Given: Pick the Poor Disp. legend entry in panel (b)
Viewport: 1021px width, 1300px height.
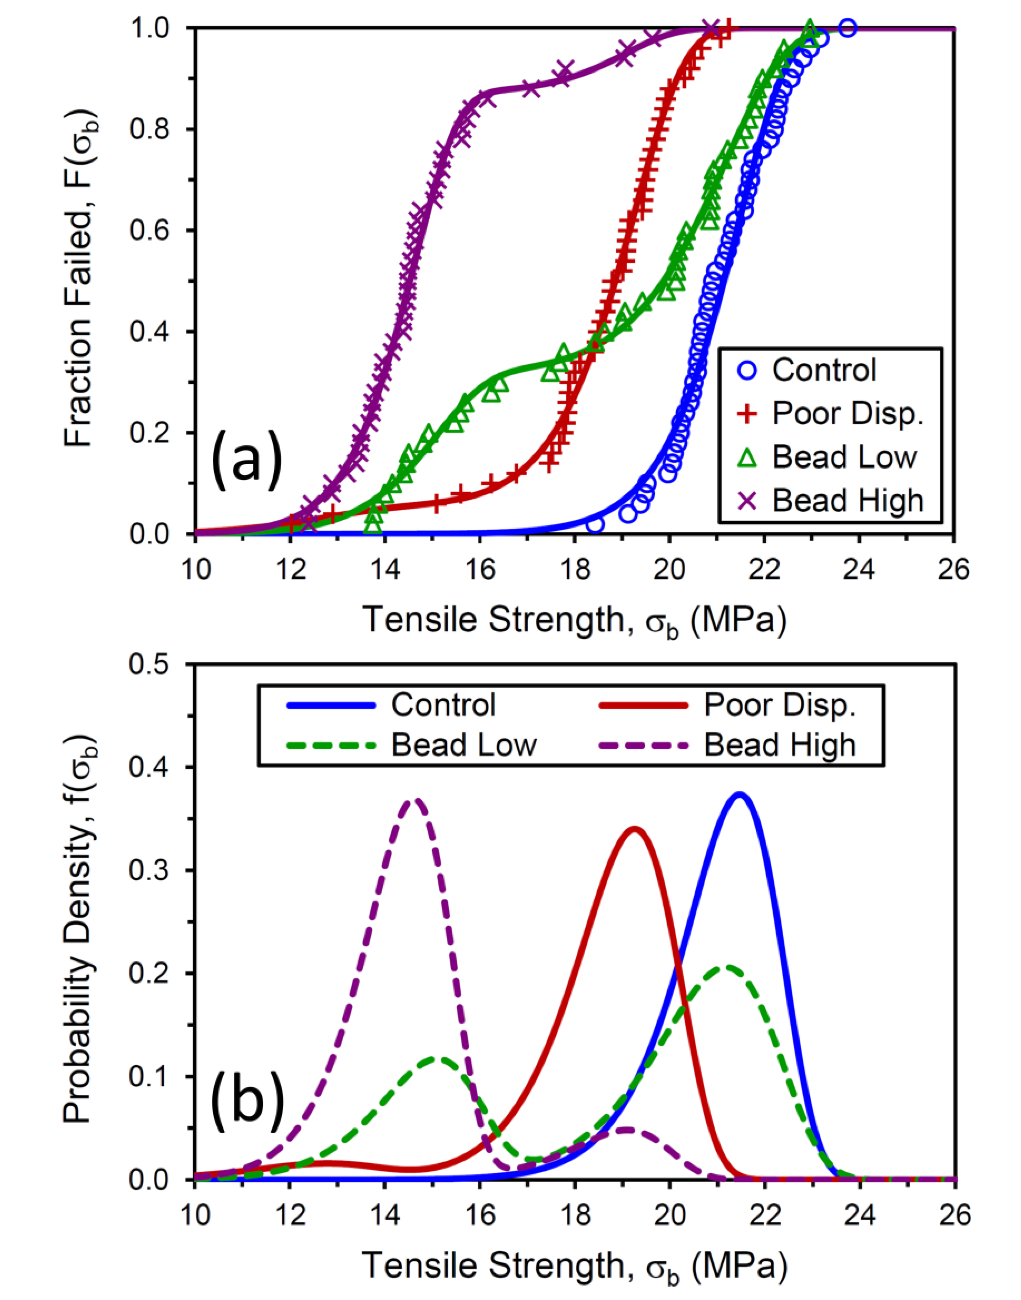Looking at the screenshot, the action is tap(727, 705).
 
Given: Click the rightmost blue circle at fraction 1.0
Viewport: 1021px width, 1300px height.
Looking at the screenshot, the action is tap(847, 28).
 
